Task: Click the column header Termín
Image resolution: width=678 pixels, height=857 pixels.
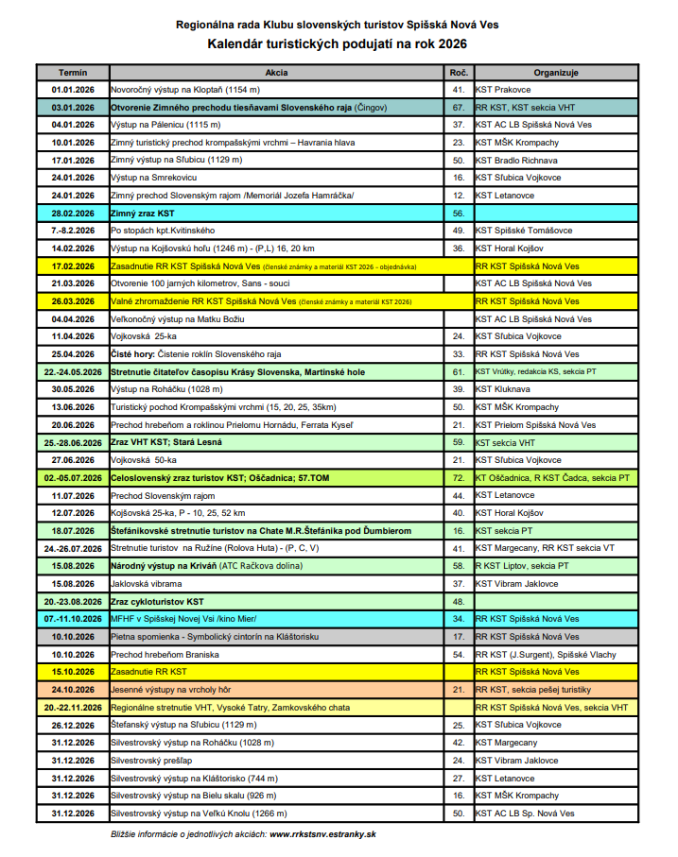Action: tap(73, 72)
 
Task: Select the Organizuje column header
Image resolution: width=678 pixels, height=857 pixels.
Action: tap(555, 72)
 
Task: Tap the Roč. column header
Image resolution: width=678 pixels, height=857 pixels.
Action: tap(459, 72)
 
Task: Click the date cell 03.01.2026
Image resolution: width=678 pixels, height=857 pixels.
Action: tap(73, 108)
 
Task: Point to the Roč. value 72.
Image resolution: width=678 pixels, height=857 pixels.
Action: tap(459, 478)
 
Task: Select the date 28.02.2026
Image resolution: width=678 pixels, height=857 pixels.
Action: tap(73, 214)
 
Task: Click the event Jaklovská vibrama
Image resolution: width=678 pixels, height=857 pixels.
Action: tap(147, 584)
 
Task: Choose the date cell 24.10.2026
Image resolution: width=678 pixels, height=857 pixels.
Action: tap(73, 690)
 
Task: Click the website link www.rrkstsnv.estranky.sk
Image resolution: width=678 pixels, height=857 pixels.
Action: tap(322, 834)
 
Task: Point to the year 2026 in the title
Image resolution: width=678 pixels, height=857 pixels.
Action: tap(450, 43)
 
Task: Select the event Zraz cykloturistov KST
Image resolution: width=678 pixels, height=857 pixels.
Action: tap(157, 602)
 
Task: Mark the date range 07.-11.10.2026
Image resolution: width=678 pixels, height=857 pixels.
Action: tap(73, 619)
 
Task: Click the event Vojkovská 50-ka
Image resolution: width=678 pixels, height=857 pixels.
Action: tap(144, 460)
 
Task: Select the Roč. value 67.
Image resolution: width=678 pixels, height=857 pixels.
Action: tap(459, 108)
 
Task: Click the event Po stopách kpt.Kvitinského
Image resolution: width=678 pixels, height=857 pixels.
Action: tap(163, 231)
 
